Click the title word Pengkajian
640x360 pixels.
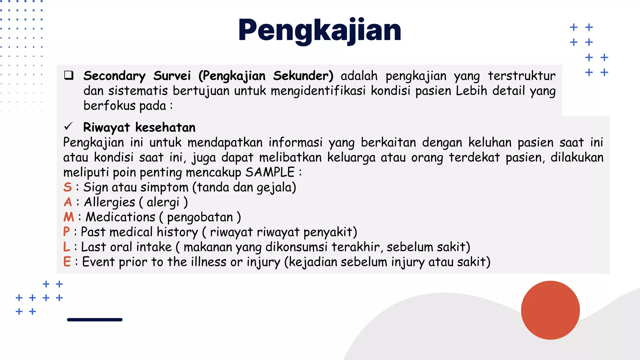[x=319, y=30]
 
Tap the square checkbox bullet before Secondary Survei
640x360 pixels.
[x=69, y=75]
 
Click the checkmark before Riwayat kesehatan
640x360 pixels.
[x=68, y=127]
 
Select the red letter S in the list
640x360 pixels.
[x=67, y=187]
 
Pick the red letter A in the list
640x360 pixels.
[x=68, y=202]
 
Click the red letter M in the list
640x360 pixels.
[x=69, y=217]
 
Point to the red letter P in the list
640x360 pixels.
[x=66, y=232]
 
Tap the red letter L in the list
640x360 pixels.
[x=66, y=247]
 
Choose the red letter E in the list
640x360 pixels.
[x=67, y=262]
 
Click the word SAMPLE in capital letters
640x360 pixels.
[x=270, y=172]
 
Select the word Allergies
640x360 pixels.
[x=109, y=202]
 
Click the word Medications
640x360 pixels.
[x=120, y=217]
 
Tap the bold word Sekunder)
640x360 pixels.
[x=303, y=76]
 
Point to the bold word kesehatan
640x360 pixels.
[x=165, y=127]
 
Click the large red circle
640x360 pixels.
[x=550, y=310]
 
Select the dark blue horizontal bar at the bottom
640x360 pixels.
[x=95, y=320]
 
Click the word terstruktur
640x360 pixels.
[x=522, y=76]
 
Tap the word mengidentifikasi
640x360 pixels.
[x=318, y=91]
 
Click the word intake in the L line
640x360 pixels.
[x=154, y=247]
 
